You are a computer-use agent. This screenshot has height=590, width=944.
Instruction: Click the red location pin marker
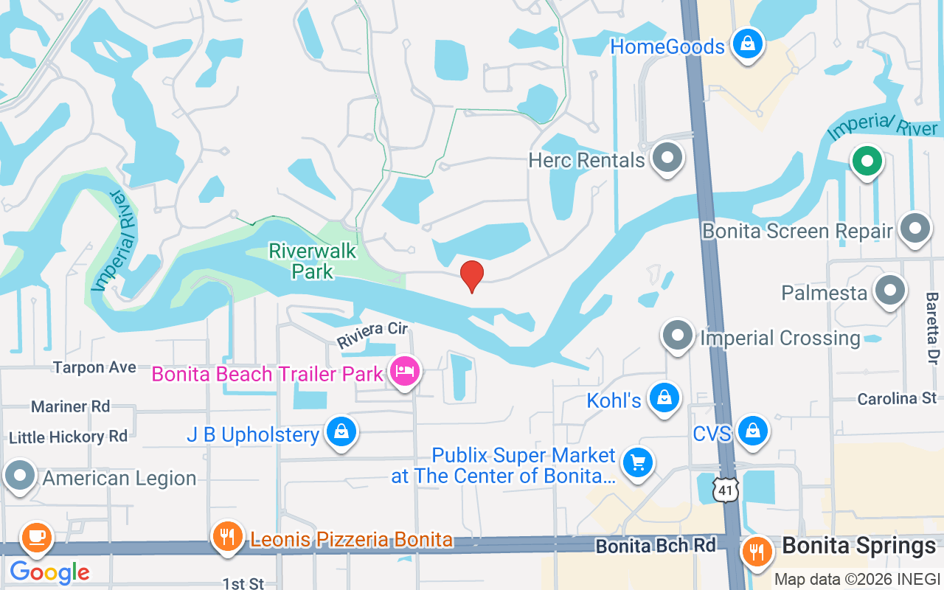point(472,275)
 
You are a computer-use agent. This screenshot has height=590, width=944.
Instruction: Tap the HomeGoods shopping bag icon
point(748,45)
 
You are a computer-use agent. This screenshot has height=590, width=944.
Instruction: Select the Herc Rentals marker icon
point(668,158)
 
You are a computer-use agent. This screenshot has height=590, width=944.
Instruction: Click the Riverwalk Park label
point(313,261)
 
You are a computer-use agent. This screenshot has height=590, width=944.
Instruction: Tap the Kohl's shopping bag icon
point(664,398)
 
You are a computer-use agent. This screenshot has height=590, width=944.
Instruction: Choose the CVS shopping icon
point(752,431)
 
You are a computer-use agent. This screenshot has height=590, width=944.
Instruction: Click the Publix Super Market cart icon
point(637,463)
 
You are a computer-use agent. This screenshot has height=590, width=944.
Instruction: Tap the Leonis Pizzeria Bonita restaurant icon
point(227,537)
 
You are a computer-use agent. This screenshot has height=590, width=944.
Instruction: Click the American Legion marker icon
point(20,476)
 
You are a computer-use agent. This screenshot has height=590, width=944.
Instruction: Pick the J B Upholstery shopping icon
point(341,432)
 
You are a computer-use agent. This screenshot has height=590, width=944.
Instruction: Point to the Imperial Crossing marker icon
point(677,336)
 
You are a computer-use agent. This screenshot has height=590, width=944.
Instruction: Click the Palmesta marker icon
point(889,291)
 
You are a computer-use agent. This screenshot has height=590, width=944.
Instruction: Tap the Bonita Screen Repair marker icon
point(915,229)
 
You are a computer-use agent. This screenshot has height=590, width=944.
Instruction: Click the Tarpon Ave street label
point(94,367)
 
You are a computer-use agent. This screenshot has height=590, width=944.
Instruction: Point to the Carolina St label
point(897,399)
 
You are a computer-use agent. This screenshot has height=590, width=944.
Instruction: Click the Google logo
point(49,572)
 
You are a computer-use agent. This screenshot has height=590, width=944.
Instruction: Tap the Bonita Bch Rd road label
point(656,546)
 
